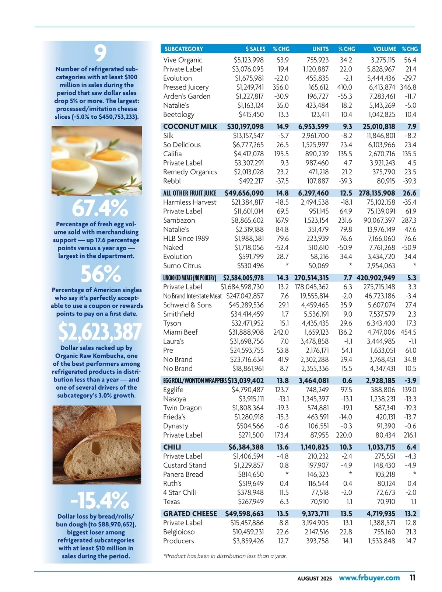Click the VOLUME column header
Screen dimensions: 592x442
click(384, 49)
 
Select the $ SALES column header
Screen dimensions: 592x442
click(255, 49)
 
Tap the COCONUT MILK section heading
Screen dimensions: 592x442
click(190, 126)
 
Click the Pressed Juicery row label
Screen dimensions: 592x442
click(186, 87)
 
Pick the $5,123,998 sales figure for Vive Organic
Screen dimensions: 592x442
click(249, 60)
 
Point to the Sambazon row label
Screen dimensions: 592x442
click(179, 220)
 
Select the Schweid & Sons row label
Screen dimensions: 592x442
click(187, 305)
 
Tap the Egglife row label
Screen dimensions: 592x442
click(173, 390)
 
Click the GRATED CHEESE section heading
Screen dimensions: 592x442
click(190, 513)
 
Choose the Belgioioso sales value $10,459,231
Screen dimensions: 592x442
click(248, 532)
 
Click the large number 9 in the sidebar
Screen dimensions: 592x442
click(100, 53)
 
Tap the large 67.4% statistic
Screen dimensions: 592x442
click(100, 209)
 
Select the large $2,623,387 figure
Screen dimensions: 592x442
click(100, 332)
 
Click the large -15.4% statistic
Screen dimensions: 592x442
click(100, 500)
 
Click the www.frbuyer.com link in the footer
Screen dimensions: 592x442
click(369, 578)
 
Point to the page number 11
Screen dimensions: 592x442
click(413, 578)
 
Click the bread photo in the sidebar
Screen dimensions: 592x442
click(97, 445)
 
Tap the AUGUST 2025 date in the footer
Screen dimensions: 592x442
click(315, 578)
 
